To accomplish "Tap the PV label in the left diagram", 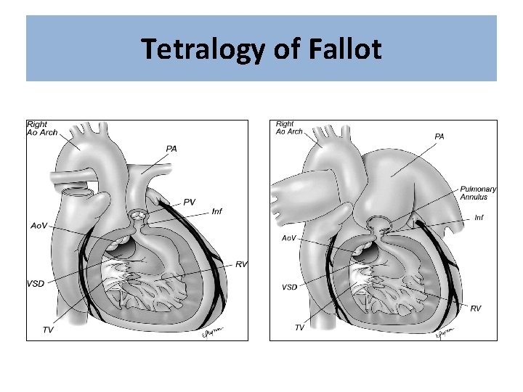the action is pyautogui.click(x=189, y=203).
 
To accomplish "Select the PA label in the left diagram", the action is pyautogui.click(x=171, y=149).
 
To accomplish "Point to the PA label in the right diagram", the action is pyautogui.click(x=439, y=136).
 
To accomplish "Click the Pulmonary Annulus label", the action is pyautogui.click(x=478, y=192).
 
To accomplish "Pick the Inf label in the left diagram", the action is pyautogui.click(x=217, y=211).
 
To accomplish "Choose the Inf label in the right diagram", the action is pyautogui.click(x=479, y=217).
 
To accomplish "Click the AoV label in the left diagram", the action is pyautogui.click(x=38, y=226).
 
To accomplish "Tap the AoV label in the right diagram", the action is pyautogui.click(x=288, y=238).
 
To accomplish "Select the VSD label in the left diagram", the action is pyautogui.click(x=36, y=283).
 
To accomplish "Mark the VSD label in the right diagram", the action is pyautogui.click(x=289, y=287).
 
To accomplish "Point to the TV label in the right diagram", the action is pyautogui.click(x=299, y=327).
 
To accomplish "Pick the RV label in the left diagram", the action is pyautogui.click(x=241, y=264).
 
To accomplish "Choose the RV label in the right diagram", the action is pyautogui.click(x=476, y=309).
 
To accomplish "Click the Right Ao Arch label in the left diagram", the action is pyautogui.click(x=42, y=128).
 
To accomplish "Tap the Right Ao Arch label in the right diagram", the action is pyautogui.click(x=289, y=128).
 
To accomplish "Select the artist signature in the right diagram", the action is pyautogui.click(x=444, y=333).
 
